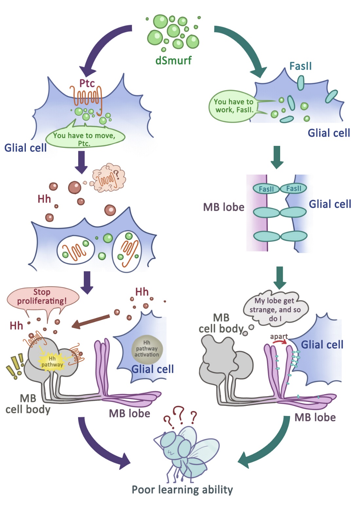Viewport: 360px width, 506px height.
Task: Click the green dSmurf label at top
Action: (173, 61)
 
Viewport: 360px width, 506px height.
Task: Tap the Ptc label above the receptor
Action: (87, 83)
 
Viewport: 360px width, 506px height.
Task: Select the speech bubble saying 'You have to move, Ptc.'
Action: (85, 138)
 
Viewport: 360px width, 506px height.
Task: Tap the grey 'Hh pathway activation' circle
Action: (147, 349)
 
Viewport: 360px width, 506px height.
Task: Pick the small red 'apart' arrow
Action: (279, 342)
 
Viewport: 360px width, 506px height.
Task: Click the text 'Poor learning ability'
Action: (182, 490)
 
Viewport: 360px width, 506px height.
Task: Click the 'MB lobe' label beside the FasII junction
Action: (224, 207)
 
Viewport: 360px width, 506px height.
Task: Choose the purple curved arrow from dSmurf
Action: (101, 46)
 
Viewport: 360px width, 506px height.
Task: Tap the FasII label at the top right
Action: (300, 66)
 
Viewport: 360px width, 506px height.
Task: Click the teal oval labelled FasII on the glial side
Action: (294, 189)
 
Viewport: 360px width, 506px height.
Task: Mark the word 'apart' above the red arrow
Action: (279, 336)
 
